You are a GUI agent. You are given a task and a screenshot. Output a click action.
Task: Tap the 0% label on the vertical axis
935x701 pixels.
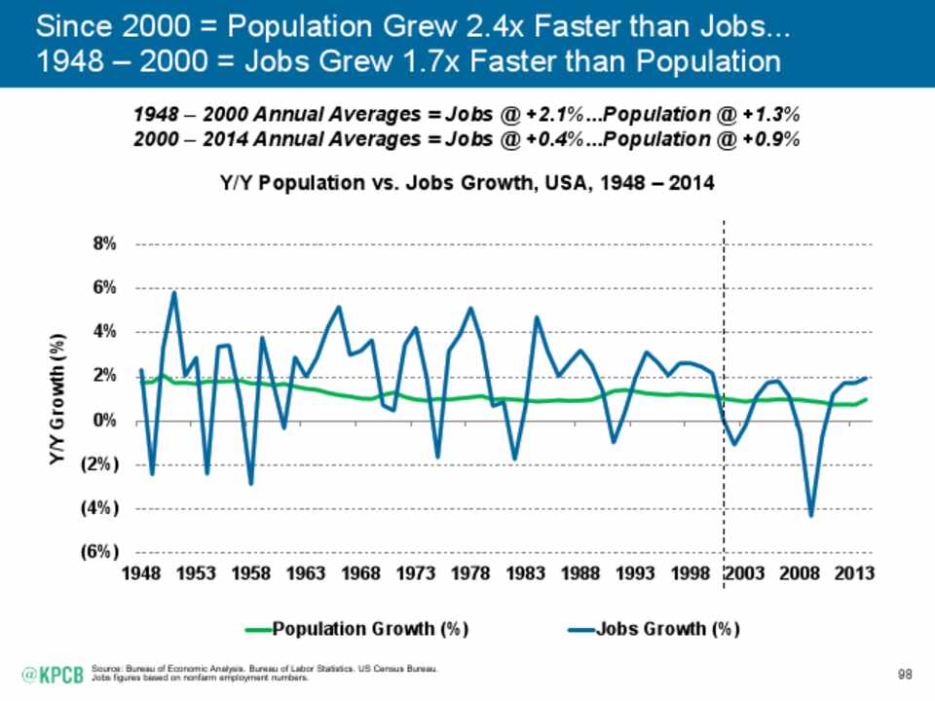[104, 421]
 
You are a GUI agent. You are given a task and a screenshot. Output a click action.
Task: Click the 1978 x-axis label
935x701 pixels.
[470, 574]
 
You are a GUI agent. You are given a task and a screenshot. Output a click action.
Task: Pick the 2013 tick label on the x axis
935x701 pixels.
[854, 574]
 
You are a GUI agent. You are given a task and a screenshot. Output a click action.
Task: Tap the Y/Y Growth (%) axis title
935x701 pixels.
[57, 399]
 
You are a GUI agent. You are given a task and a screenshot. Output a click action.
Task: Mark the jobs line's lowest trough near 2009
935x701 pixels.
[810, 515]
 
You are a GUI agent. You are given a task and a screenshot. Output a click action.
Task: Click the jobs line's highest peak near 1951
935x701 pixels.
[173, 292]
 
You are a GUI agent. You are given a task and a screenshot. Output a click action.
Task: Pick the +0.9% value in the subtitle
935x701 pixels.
[773, 138]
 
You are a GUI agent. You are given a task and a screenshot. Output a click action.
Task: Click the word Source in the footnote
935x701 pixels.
[102, 669]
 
